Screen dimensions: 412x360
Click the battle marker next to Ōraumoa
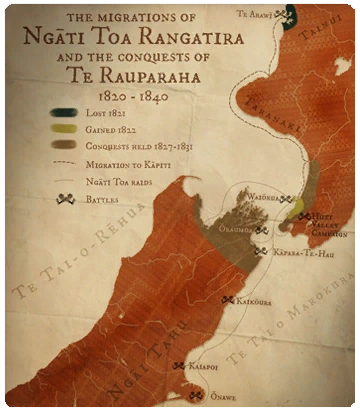click(x=261, y=230)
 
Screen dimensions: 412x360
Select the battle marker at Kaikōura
click(x=228, y=299)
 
